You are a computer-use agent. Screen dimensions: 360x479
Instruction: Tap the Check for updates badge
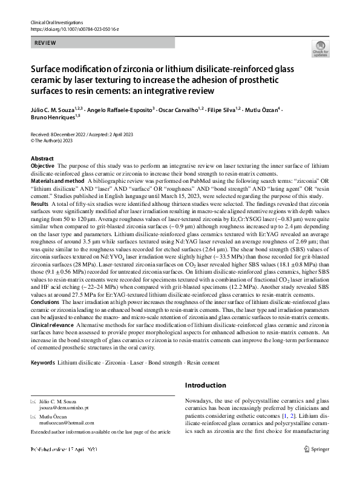point(319,50)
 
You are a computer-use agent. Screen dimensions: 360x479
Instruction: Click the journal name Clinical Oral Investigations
point(56,22)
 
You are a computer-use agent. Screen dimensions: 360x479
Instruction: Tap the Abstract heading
point(42,158)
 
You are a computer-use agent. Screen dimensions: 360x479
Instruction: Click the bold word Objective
point(42,165)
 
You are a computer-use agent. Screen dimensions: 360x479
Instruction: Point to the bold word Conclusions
point(44,302)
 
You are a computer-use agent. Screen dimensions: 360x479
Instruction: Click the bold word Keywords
point(43,362)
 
